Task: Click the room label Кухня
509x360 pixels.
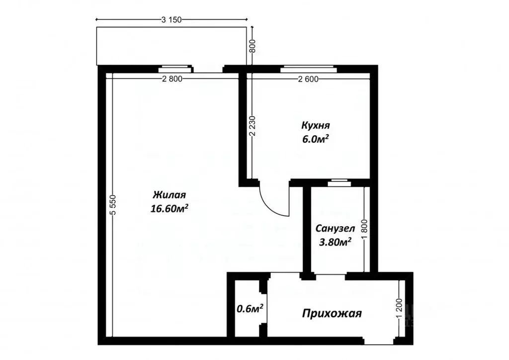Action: point(316,125)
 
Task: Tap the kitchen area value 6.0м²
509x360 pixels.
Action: point(316,140)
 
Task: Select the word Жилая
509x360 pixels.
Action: point(169,194)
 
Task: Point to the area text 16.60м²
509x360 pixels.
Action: point(169,209)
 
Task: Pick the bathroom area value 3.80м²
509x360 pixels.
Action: point(335,242)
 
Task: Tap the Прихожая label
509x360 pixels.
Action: point(332,314)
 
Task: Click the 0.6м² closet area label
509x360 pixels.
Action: point(250,309)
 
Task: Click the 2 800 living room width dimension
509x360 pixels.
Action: point(171,79)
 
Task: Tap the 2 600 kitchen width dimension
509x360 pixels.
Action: point(308,79)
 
